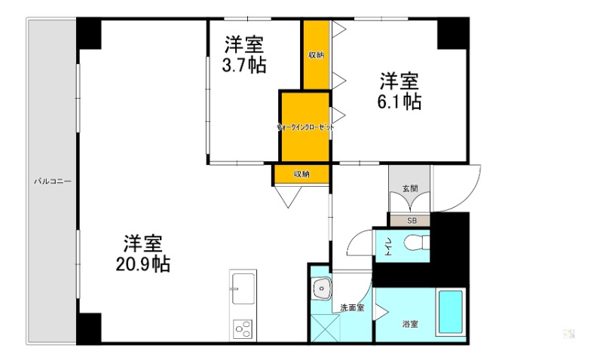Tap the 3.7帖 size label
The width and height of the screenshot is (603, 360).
[x=243, y=65]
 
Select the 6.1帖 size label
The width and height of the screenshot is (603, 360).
[x=399, y=101]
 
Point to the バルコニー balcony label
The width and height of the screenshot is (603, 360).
[x=52, y=182]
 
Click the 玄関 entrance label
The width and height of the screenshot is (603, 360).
[x=409, y=188]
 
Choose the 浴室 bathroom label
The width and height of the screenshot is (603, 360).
[x=410, y=324]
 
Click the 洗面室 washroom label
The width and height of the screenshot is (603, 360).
[x=352, y=307]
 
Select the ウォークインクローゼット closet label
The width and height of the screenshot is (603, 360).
[x=305, y=128]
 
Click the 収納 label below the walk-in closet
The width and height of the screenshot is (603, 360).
[x=301, y=174]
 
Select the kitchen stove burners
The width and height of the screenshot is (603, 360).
[x=243, y=328]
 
